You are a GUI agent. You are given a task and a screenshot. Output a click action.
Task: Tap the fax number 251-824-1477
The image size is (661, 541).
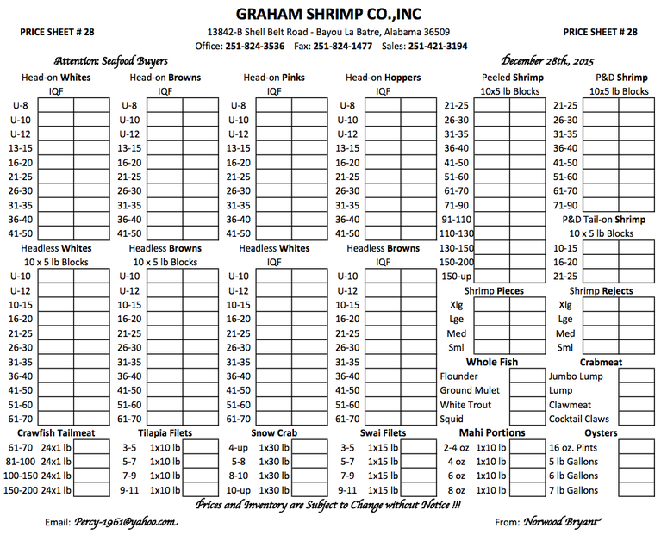[x=342, y=47]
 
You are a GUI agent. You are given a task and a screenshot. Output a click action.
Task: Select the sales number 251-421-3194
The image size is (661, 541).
[x=437, y=47]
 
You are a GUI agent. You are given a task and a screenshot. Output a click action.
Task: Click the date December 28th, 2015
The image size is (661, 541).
[x=547, y=61]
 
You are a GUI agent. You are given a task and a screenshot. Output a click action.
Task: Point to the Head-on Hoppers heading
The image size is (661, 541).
[x=383, y=78]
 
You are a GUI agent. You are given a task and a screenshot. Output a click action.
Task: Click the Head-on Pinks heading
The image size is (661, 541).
[x=274, y=78]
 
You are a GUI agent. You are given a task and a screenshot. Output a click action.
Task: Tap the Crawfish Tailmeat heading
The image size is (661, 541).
[x=56, y=432]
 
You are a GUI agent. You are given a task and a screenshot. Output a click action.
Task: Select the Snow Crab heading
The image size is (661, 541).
[x=273, y=432]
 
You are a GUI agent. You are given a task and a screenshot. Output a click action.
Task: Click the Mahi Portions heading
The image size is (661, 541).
[x=492, y=432]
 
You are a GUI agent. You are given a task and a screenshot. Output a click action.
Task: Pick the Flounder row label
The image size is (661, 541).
[x=458, y=376]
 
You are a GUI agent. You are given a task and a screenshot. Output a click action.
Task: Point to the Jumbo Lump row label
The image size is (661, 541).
[x=577, y=376]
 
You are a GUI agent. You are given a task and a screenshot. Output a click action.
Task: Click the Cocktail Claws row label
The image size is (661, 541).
[x=578, y=419]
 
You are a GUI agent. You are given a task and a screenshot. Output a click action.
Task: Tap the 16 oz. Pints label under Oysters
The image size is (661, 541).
[x=573, y=448]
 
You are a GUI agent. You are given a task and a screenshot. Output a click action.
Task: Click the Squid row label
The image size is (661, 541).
[x=452, y=419]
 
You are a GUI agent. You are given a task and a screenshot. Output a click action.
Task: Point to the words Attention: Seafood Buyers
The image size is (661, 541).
[x=110, y=61]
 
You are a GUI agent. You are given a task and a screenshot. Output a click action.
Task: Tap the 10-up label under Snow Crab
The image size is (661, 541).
[x=239, y=490]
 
